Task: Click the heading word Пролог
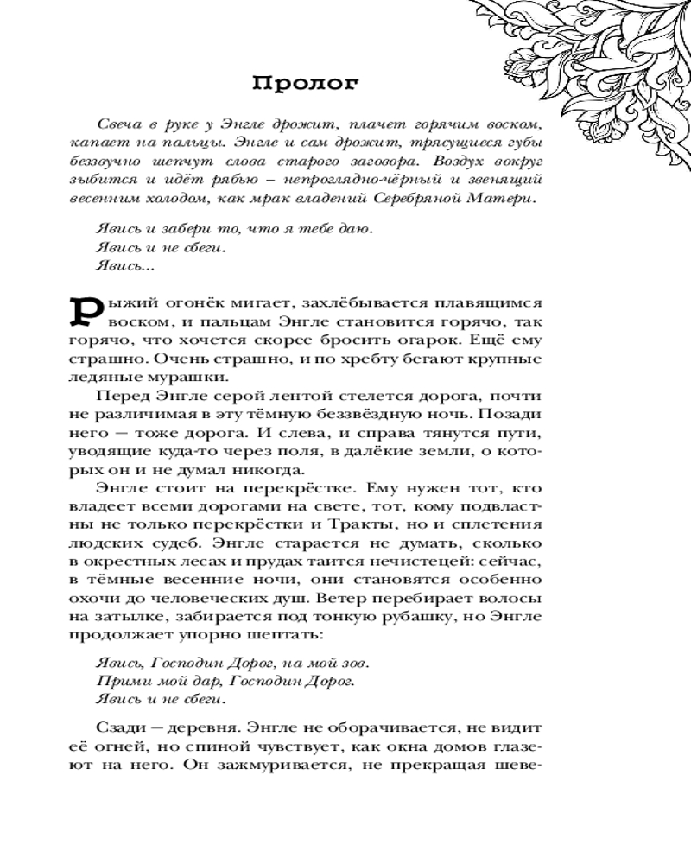click(x=303, y=84)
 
